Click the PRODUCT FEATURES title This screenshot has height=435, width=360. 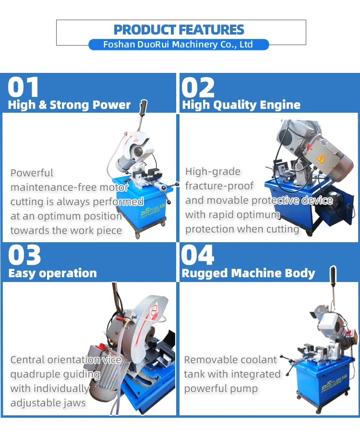(179, 30)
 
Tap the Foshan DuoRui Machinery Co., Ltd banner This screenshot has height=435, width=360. (179, 45)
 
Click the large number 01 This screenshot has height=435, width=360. (24, 88)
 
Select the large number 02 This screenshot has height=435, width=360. (198, 88)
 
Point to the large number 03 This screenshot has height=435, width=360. (25, 256)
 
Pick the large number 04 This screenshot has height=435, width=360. (198, 256)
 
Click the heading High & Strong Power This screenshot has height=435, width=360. (69, 105)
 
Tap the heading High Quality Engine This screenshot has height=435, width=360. (241, 105)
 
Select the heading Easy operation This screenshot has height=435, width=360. (52, 273)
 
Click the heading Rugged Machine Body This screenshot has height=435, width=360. (248, 273)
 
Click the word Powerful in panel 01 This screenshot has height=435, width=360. (32, 173)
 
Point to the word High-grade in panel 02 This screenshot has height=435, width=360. (213, 172)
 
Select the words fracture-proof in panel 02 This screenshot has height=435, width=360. (219, 186)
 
